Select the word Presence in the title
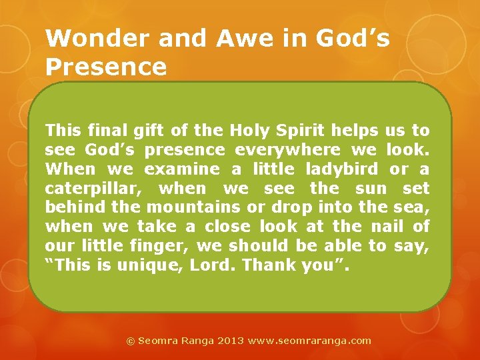(106, 67)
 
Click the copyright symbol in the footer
(131, 341)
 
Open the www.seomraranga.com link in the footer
(309, 341)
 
